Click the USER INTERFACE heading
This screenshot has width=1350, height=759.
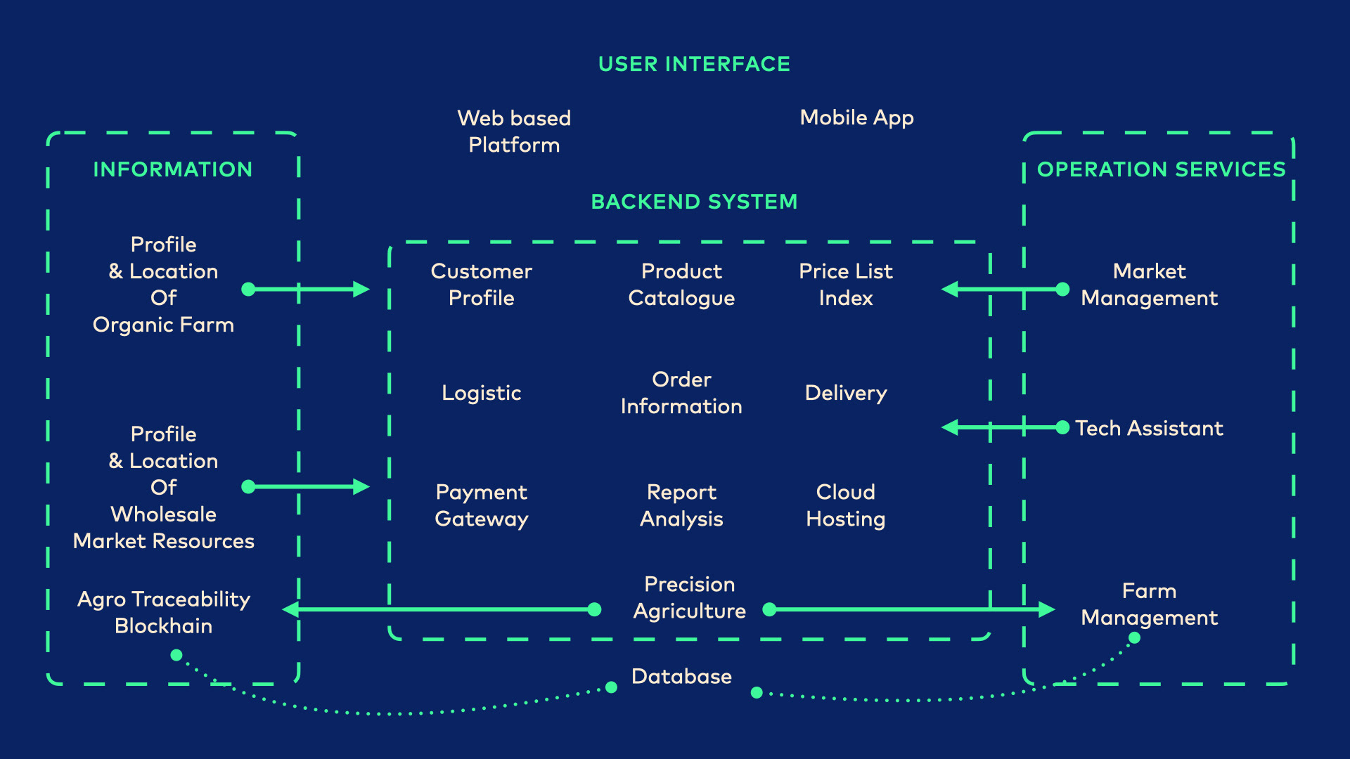(x=694, y=64)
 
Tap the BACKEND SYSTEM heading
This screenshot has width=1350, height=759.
(x=694, y=202)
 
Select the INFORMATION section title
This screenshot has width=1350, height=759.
(x=172, y=169)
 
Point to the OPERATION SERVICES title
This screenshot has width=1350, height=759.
(x=1161, y=169)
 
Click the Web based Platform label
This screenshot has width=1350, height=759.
(x=514, y=131)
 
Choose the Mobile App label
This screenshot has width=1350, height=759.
(x=856, y=117)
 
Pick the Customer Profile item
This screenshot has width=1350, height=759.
(x=481, y=285)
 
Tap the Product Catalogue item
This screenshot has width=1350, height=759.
(x=681, y=285)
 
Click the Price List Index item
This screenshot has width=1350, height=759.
(x=845, y=285)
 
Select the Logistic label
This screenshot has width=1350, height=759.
(x=481, y=393)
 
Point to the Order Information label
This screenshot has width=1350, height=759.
(x=681, y=393)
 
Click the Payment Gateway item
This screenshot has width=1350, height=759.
(x=481, y=505)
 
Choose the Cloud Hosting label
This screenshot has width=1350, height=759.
(x=845, y=505)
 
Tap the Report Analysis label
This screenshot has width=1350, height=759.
(x=681, y=505)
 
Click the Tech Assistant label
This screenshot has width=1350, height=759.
(x=1149, y=428)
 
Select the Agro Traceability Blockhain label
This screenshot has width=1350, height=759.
(x=163, y=612)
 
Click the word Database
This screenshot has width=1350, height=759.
(x=681, y=676)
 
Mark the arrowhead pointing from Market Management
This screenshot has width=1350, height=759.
(x=950, y=289)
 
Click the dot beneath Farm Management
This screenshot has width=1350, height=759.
(x=1134, y=638)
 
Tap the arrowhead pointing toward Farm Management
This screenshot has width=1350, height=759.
(x=1047, y=609)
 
